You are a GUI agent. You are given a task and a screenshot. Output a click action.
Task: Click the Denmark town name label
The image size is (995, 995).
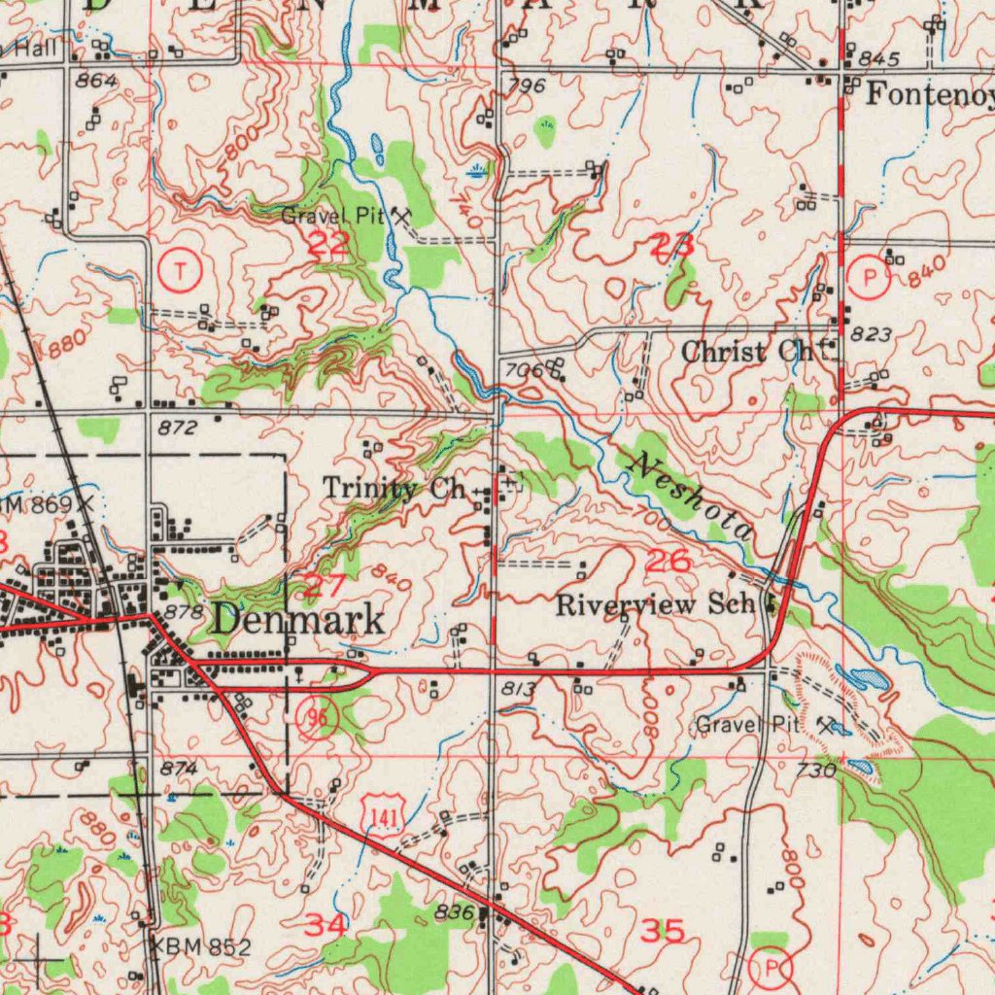[x=297, y=619]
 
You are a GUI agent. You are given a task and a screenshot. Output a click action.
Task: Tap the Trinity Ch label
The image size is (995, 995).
[x=395, y=488]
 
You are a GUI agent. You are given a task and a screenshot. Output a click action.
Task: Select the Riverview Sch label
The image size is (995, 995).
[x=656, y=604]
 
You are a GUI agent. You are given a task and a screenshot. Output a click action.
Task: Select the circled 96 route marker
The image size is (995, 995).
[x=318, y=718]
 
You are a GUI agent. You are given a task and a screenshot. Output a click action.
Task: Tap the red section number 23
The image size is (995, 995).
[x=671, y=247]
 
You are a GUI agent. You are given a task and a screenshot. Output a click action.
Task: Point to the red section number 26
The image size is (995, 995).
[x=669, y=560]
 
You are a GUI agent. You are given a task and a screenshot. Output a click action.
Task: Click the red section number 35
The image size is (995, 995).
[x=665, y=931]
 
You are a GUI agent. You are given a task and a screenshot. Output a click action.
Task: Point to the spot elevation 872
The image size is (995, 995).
[x=178, y=428]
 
